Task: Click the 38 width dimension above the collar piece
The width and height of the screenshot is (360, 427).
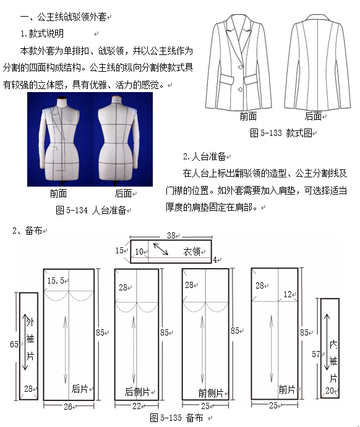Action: (171, 235)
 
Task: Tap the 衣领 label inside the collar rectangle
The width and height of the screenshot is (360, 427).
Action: (192, 251)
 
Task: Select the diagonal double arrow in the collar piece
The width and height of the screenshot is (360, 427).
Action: (160, 249)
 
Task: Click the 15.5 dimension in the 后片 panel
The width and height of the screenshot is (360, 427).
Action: (56, 281)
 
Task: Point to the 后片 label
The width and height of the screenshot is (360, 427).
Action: (80, 389)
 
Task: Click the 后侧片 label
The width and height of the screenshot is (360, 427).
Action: (137, 392)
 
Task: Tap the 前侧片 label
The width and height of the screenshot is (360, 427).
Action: (211, 393)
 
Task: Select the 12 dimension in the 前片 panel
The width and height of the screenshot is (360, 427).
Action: (288, 294)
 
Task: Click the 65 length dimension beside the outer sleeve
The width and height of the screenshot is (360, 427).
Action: (14, 344)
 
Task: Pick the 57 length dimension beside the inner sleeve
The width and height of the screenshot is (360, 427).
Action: (316, 354)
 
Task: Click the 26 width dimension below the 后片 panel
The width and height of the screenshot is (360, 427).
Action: (68, 407)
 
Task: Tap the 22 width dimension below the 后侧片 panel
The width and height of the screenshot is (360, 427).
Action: (137, 406)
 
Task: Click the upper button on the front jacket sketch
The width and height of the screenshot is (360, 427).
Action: (241, 67)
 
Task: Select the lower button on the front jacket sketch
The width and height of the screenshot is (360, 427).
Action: (240, 90)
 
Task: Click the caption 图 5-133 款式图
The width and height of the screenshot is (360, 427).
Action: (281, 133)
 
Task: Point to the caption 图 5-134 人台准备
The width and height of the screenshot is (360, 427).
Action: (91, 210)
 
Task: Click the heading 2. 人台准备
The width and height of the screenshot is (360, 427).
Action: (204, 156)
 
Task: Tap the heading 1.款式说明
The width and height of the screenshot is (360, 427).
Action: (42, 33)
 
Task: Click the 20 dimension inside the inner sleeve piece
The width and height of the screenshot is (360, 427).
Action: (330, 391)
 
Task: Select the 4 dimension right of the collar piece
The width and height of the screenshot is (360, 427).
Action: (215, 260)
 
